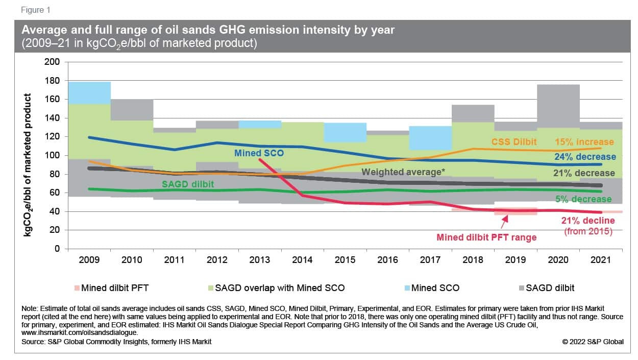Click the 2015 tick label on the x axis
tap(345, 260)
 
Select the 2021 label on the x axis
tap(601, 260)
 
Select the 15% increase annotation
tap(585, 142)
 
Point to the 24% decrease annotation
tap(585, 157)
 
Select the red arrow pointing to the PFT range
tap(505, 222)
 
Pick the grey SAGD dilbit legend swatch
tap(520, 288)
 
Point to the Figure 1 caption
tap(36, 10)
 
